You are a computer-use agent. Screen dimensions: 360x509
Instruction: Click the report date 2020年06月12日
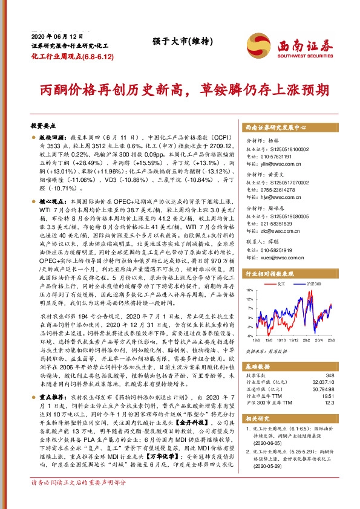tap(51, 36)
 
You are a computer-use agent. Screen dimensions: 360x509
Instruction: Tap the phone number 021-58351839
tap(275, 224)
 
